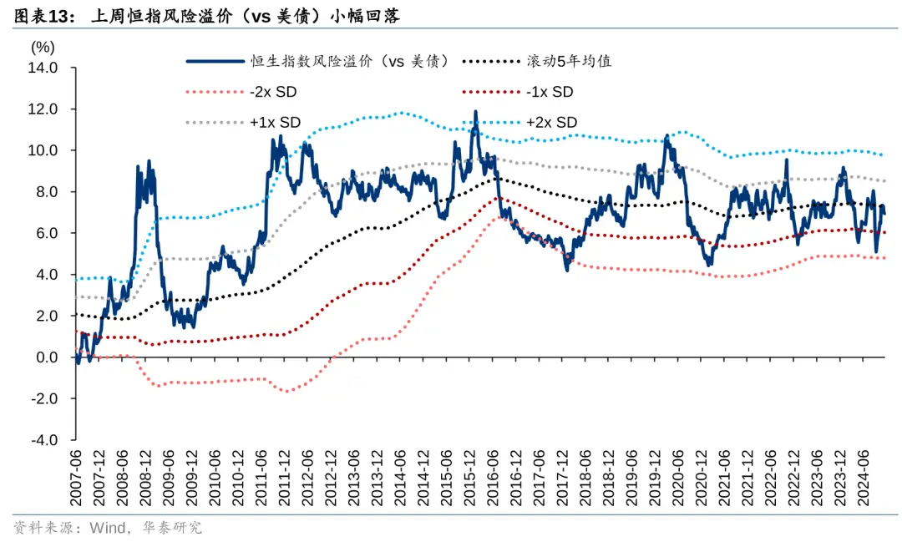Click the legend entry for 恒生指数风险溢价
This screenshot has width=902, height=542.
point(351,61)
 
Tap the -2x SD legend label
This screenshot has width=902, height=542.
point(275,92)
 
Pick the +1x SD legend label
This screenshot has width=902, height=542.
point(275,122)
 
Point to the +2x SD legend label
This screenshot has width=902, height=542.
point(551,122)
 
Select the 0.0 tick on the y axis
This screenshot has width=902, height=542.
point(47,357)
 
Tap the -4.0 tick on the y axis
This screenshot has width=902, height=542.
point(45,440)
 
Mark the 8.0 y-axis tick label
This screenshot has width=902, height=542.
point(47,192)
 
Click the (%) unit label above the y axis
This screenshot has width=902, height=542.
point(43,48)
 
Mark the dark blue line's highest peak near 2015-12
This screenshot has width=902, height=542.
point(475,112)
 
